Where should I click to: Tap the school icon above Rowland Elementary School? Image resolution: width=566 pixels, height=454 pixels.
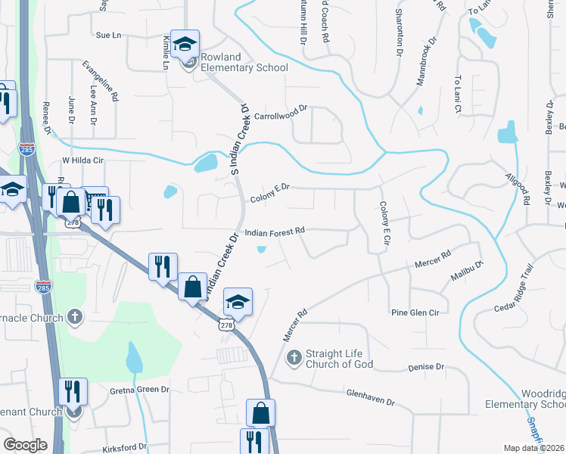click(184, 45)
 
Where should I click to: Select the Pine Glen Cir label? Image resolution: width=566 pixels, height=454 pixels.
click(415, 312)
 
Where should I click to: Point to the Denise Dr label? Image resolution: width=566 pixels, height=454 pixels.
click(425, 367)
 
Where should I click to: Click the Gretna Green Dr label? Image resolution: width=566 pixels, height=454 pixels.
click(140, 389)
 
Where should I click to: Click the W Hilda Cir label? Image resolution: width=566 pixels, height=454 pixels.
click(81, 160)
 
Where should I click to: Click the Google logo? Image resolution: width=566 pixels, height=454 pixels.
click(26, 445)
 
